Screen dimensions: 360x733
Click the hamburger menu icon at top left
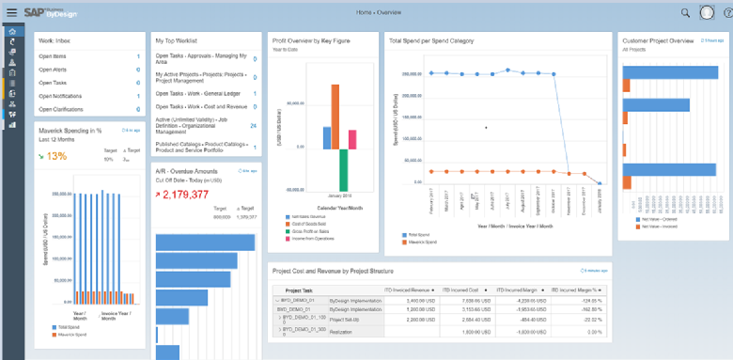point(11,12)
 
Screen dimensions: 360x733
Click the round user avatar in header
point(707,12)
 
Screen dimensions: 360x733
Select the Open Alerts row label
point(54,69)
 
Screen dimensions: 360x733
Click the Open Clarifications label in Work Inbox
point(61,107)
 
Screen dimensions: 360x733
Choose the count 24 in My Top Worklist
point(253,124)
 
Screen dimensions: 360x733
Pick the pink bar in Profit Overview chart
point(352,139)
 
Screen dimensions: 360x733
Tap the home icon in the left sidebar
point(12,31)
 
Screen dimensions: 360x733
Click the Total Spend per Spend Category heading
point(431,41)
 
